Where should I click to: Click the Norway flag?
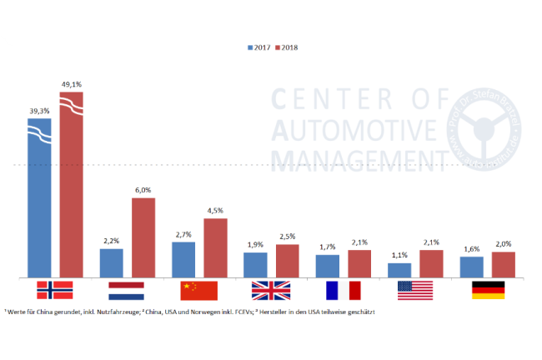coord(55,290)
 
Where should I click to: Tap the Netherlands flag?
coord(127,290)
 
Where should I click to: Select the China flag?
coord(198,290)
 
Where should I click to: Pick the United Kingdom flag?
coord(270,290)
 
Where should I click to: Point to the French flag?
coord(342,290)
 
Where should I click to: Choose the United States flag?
coord(414,290)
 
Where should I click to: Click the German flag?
coord(489,290)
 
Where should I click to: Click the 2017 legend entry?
coord(258,47)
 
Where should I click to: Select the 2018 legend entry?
coord(286,47)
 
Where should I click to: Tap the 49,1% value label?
coord(72,84)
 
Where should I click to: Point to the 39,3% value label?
coord(39,110)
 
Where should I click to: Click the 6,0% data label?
coord(143,190)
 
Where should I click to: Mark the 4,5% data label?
coord(215,211)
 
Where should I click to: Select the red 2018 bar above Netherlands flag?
coord(143,237)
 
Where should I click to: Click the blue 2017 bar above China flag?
coord(183,259)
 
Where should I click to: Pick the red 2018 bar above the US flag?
coord(431,263)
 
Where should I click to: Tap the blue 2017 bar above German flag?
coord(472,267)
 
